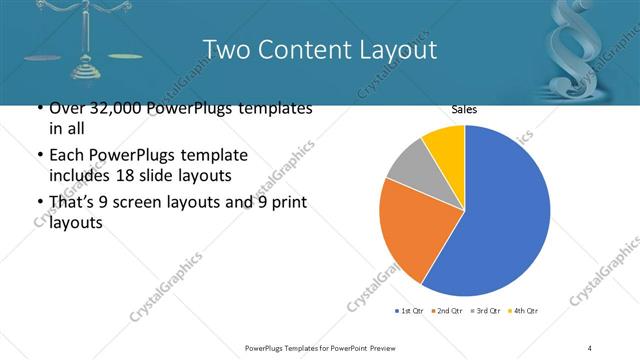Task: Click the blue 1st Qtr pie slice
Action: pos(500,210)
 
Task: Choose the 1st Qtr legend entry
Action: pos(409,311)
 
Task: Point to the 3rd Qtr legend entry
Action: pos(486,311)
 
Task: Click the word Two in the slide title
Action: pos(223,49)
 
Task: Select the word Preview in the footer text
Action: pos(380,347)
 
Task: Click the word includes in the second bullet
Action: pos(69,176)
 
